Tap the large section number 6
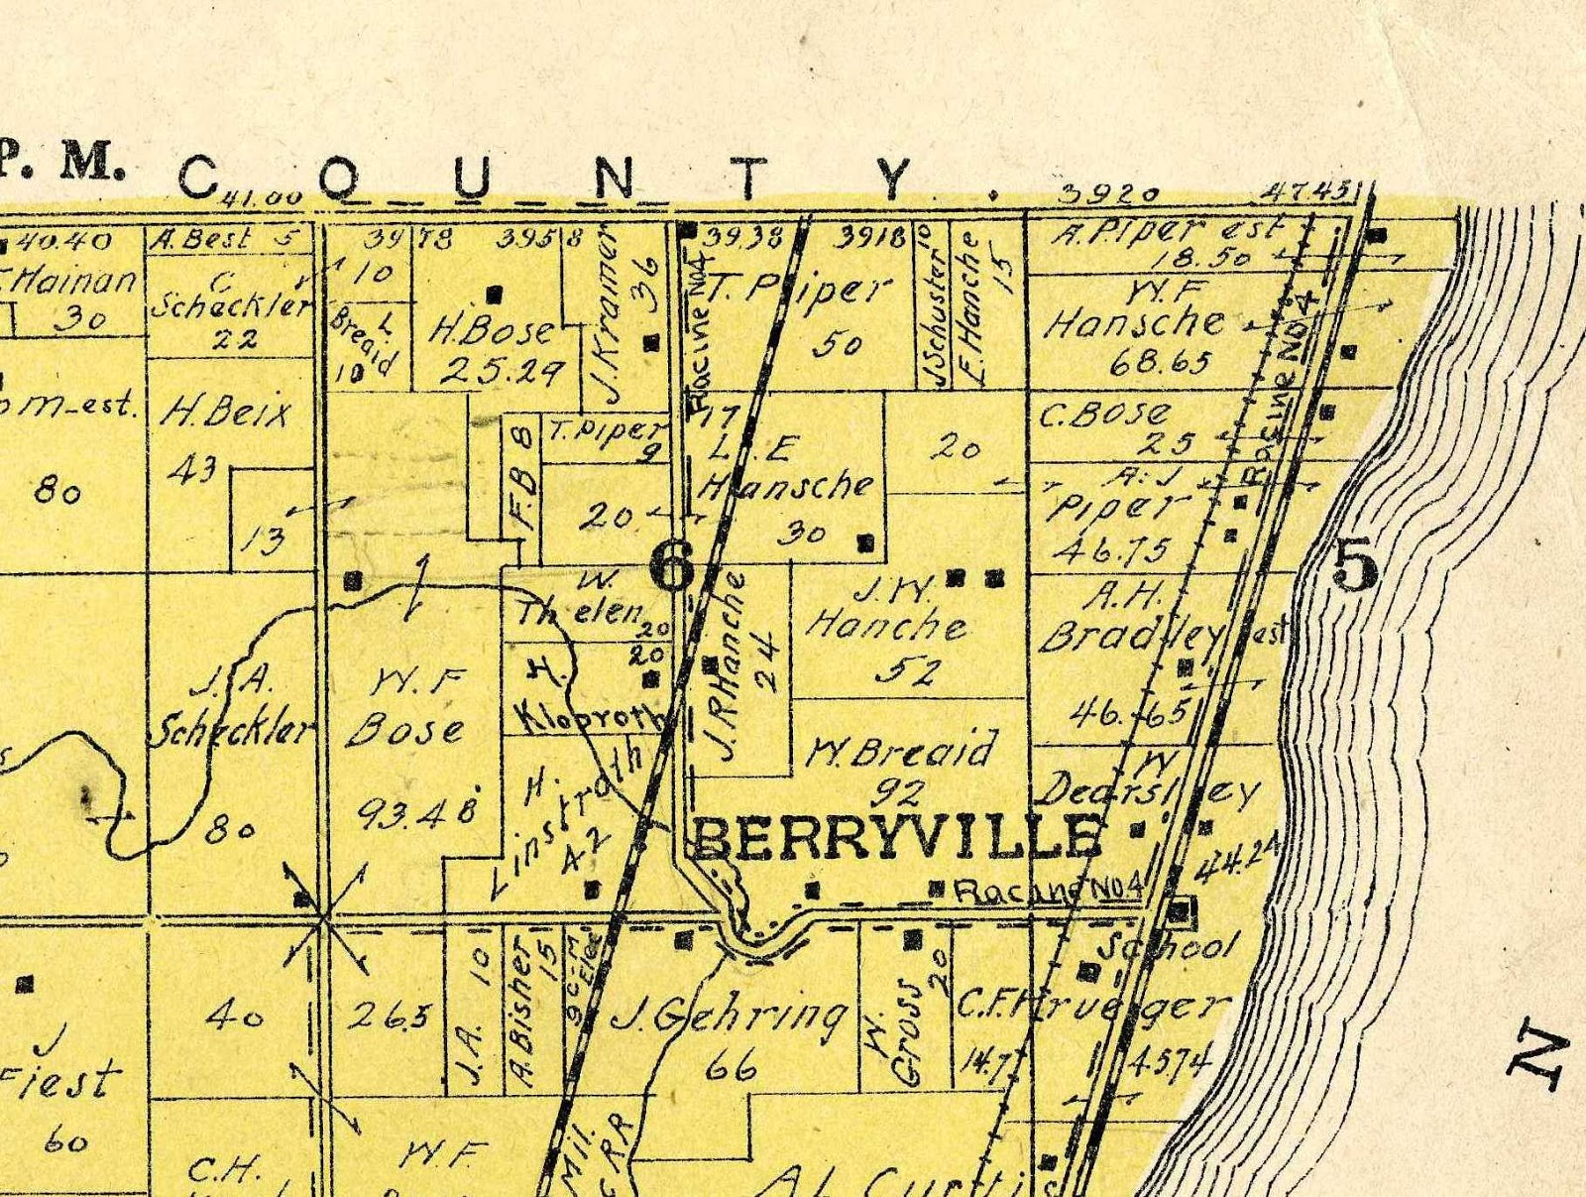(x=671, y=568)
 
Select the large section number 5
(x=1355, y=567)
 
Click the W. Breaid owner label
(x=901, y=751)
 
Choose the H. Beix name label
(x=227, y=410)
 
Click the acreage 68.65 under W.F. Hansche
(x=1161, y=361)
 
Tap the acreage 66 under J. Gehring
(x=733, y=1067)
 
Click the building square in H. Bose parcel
(x=496, y=294)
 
